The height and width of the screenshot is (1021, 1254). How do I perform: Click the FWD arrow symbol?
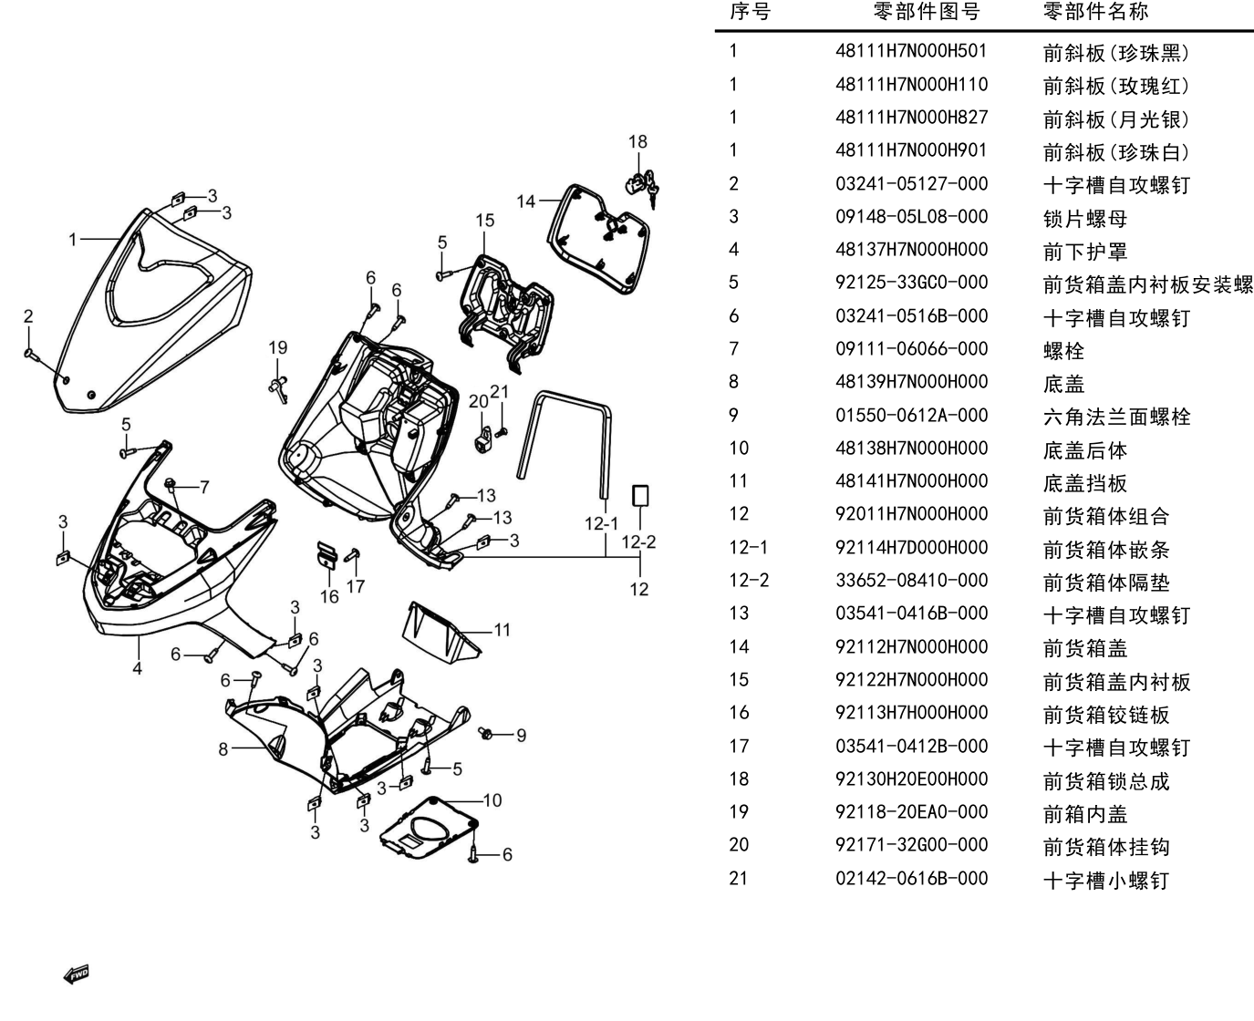(76, 975)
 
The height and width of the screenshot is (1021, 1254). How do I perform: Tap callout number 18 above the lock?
(637, 142)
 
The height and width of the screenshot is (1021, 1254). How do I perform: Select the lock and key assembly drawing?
(642, 187)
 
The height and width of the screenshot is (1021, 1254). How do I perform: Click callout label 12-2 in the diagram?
(638, 541)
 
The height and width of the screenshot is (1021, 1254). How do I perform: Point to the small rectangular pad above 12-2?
(640, 496)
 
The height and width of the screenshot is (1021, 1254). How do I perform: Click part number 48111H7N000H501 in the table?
(911, 51)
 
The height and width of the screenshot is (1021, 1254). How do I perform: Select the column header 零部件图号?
(926, 11)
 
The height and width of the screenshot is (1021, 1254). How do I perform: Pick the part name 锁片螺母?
(1085, 218)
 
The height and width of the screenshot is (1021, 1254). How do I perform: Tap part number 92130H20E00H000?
(911, 779)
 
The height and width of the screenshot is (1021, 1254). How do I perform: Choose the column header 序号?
(750, 11)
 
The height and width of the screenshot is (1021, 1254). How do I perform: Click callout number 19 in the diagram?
(278, 348)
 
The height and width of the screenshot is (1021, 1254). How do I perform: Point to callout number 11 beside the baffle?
(503, 630)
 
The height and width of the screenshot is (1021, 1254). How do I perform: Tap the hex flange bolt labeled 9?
(486, 733)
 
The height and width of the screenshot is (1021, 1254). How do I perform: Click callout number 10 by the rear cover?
(492, 800)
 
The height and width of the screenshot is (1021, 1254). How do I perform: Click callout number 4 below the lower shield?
(137, 668)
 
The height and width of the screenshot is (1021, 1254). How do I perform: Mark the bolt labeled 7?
(171, 485)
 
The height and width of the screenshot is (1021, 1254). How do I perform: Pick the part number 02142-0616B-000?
(911, 879)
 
